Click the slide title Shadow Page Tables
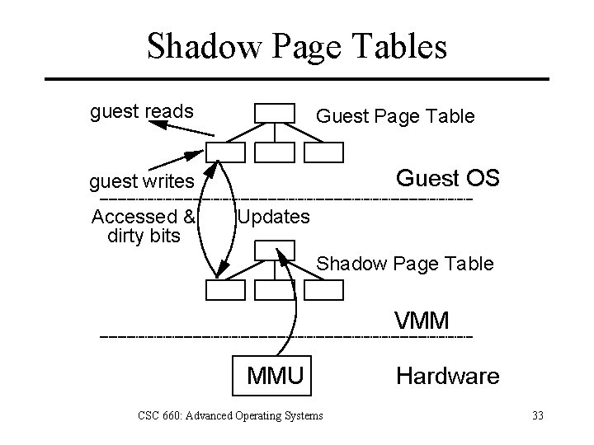pyautogui.click(x=297, y=46)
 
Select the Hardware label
pyautogui.click(x=447, y=377)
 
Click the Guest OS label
pyautogui.click(x=447, y=179)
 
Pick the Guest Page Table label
pyautogui.click(x=395, y=116)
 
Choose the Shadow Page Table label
pyautogui.click(x=405, y=264)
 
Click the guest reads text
pyautogui.click(x=141, y=110)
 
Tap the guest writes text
pyautogui.click(x=142, y=180)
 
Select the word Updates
pyautogui.click(x=273, y=218)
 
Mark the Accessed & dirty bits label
pyautogui.click(x=143, y=227)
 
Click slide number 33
pyautogui.click(x=538, y=415)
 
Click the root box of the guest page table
pyautogui.click(x=274, y=112)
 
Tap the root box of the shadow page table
pyautogui.click(x=274, y=249)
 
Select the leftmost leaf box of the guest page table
pyautogui.click(x=225, y=152)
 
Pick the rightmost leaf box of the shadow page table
pyautogui.click(x=323, y=289)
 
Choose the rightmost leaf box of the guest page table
pyautogui.click(x=323, y=152)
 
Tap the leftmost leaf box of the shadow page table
pyautogui.click(x=225, y=289)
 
